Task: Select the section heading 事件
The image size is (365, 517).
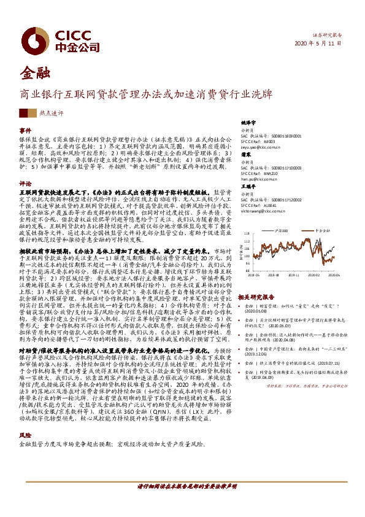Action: click(25, 131)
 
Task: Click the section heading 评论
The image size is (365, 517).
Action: click(25, 183)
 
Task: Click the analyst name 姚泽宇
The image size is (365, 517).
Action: click(247, 123)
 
